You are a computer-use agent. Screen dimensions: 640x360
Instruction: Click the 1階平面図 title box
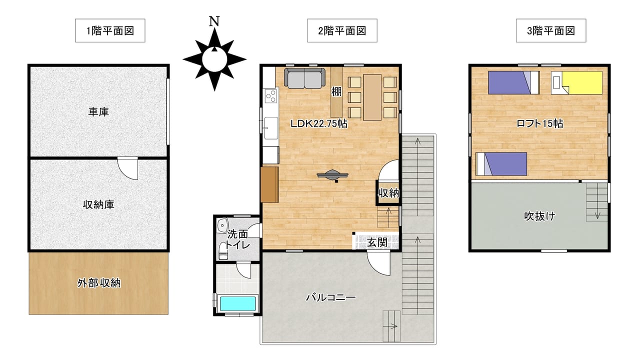pos(110,30)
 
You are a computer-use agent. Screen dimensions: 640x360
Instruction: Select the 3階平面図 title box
pos(551,30)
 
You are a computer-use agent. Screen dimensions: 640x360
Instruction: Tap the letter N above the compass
pos(214,21)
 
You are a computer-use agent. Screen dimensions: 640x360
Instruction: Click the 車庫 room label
pos(98,111)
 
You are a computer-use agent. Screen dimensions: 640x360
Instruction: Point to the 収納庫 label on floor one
pos(98,204)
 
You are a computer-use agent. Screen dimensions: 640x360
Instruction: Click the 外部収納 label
pos(99,283)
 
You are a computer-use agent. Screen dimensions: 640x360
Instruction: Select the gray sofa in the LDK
pos(304,78)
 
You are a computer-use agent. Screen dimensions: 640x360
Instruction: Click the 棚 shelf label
pos(336,91)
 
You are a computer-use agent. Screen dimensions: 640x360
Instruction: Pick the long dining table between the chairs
pos(372,97)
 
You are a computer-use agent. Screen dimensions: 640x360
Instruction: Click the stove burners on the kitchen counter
pos(270,95)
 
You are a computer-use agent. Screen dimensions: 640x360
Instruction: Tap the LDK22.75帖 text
pos(319,123)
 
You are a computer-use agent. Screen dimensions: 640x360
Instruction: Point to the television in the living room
pos(332,175)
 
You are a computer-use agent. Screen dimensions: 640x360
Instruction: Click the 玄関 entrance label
pos(377,242)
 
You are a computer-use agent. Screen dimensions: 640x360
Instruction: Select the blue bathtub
pos(237,303)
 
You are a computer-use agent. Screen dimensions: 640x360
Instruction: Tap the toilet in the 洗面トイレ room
pos(223,251)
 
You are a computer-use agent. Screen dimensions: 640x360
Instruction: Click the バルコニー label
pos(331,297)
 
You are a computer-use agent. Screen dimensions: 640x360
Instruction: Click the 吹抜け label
pos(539,216)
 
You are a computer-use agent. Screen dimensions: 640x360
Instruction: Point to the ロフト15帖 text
pos(539,123)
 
